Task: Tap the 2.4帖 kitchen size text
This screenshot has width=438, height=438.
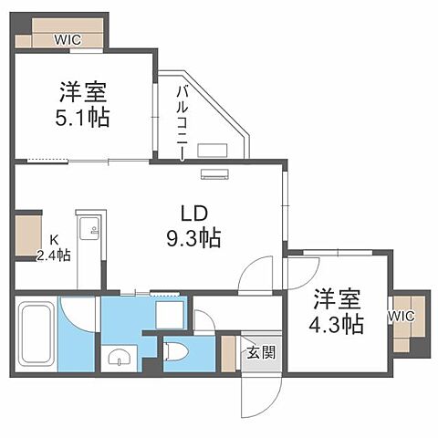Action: tap(54, 255)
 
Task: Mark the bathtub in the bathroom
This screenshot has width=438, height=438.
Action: tap(36, 333)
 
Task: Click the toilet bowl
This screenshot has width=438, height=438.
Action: tap(174, 350)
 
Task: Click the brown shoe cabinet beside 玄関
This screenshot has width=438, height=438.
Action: tap(228, 351)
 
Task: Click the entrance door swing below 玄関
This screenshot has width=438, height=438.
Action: tap(255, 392)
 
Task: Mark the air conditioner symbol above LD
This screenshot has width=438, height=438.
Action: tap(217, 175)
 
